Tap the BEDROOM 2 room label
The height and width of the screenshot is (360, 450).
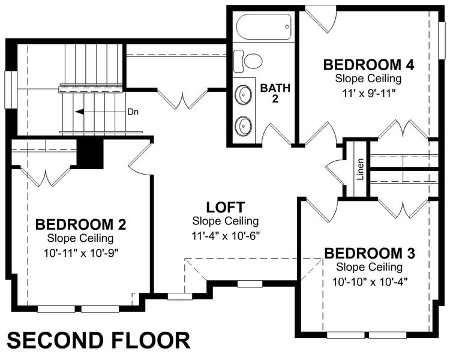tap(80, 225)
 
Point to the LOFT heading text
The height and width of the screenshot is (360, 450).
tap(225, 208)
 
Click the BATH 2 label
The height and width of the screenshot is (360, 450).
tap(275, 94)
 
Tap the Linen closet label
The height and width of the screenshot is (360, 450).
tap(360, 169)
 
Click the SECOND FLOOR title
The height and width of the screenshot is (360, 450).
tap(100, 340)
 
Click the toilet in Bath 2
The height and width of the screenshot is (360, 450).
tap(248, 60)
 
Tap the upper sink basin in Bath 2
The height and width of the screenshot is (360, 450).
tap(244, 95)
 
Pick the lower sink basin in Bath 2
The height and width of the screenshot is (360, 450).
tap(244, 125)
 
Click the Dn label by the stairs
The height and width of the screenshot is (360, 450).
tap(133, 112)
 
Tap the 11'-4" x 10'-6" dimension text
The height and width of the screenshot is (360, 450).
tap(225, 234)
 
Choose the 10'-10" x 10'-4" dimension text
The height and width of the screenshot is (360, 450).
tap(368, 280)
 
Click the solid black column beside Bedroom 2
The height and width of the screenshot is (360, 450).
tap(91, 153)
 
